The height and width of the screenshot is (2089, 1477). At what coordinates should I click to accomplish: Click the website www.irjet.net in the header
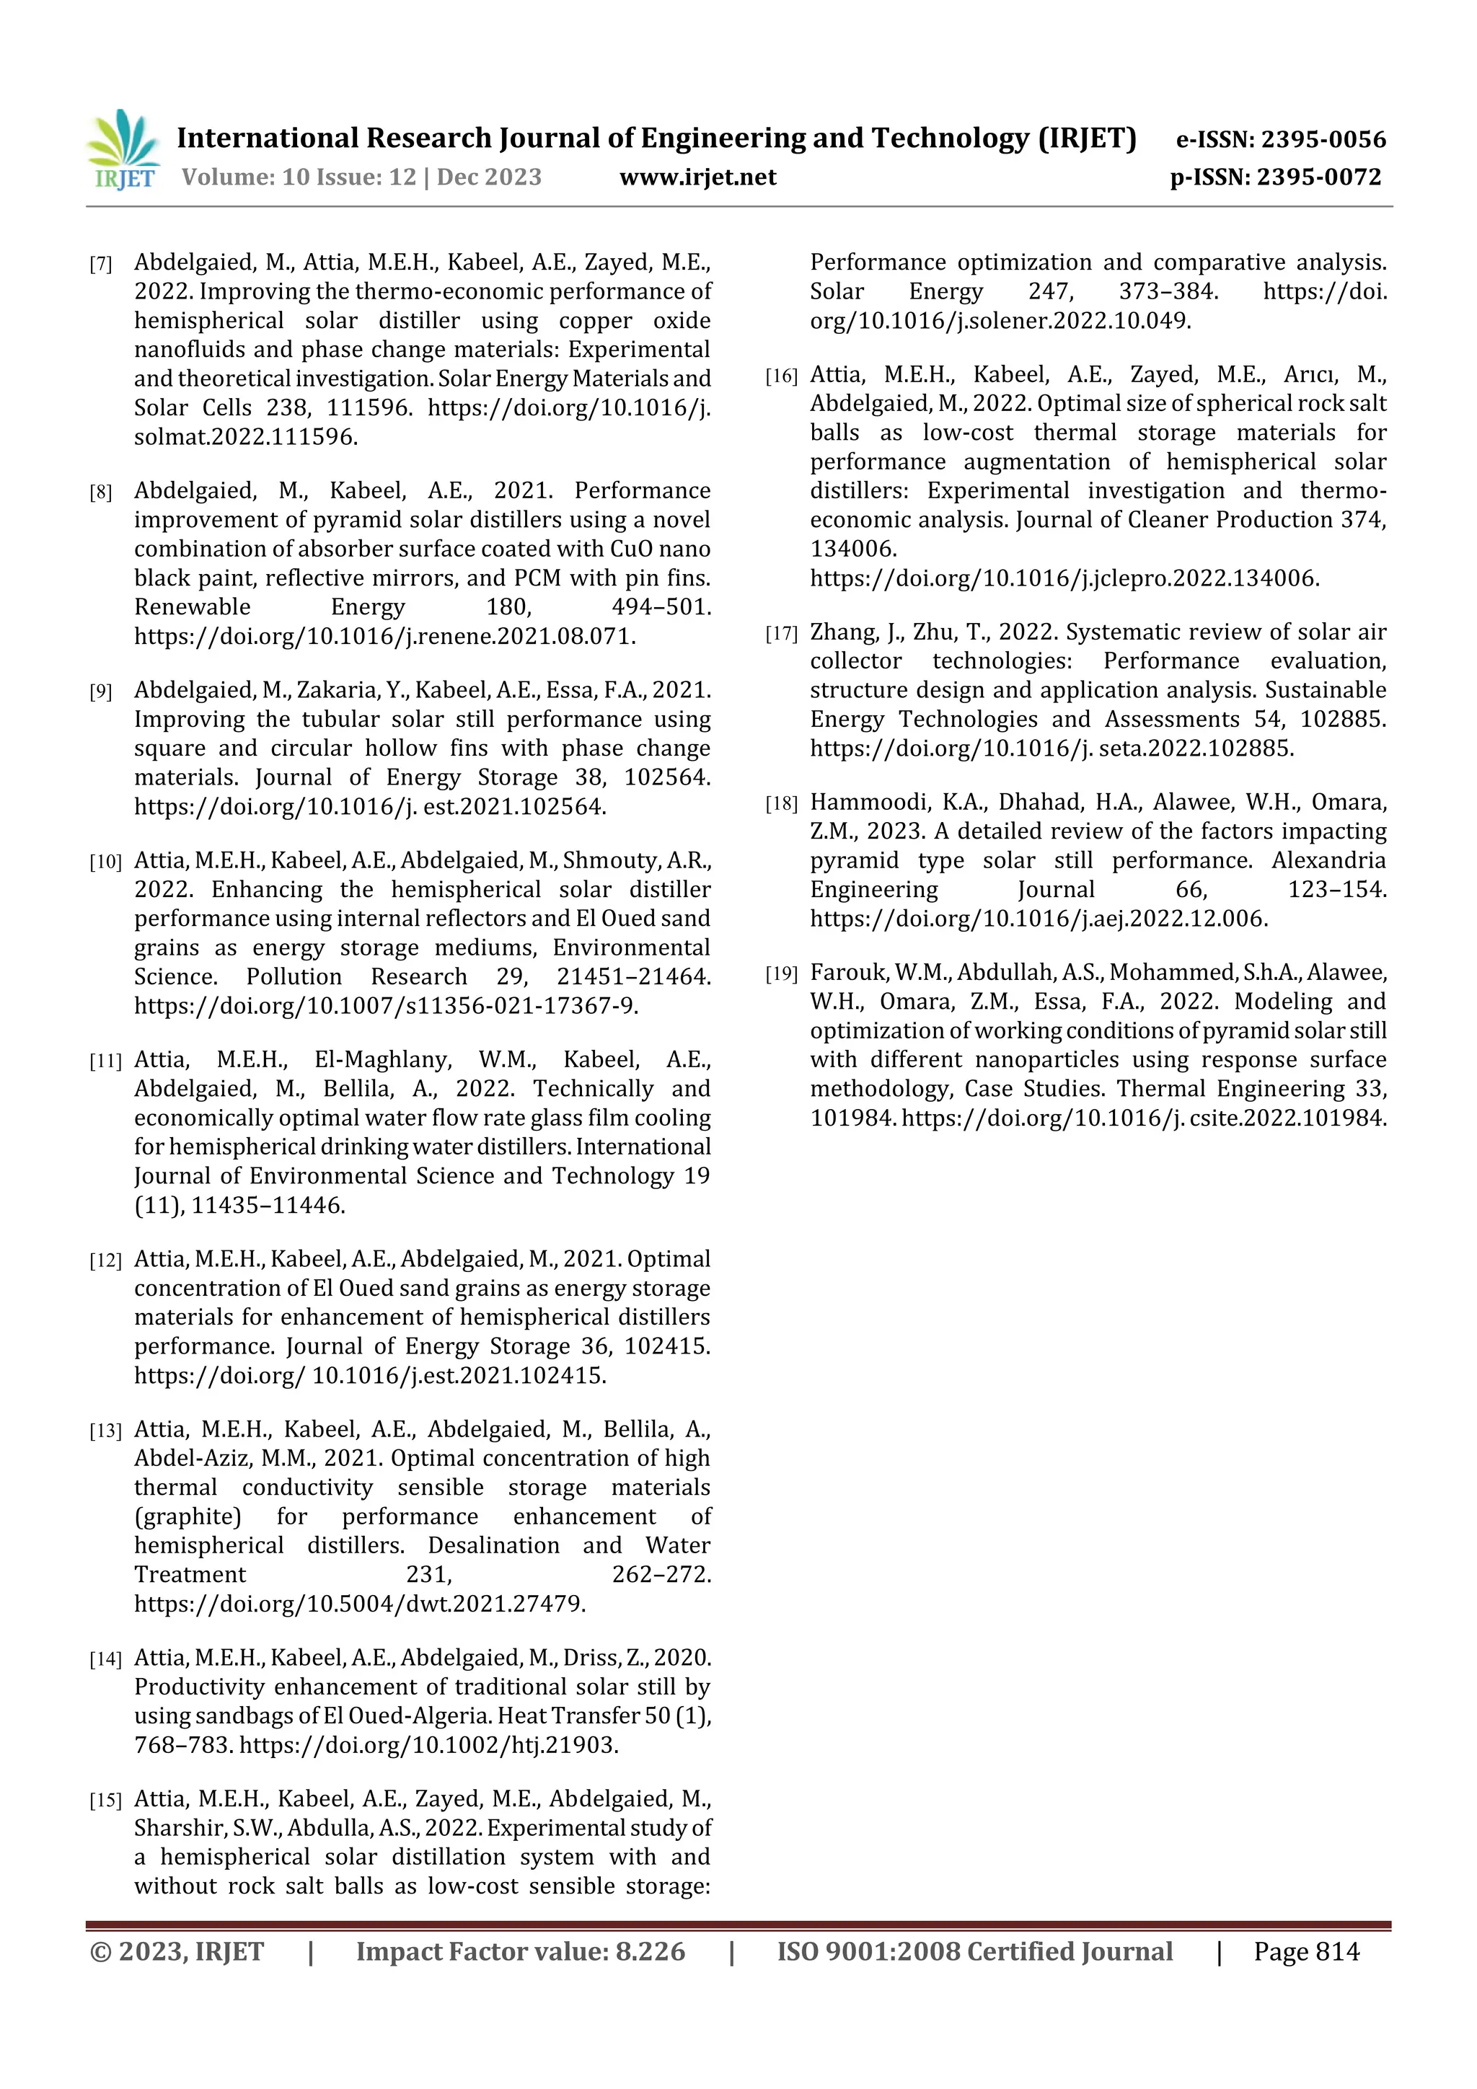pos(697,177)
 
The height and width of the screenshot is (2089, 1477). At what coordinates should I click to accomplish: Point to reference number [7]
pos(100,265)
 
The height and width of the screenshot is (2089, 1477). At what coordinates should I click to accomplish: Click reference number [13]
pos(105,1431)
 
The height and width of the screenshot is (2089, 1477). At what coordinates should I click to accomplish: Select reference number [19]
pos(781,974)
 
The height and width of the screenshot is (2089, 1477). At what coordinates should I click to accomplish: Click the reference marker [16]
pos(781,376)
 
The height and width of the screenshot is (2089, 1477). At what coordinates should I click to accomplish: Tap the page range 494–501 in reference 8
pos(661,607)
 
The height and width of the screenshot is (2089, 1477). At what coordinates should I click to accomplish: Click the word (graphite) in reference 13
pos(188,1516)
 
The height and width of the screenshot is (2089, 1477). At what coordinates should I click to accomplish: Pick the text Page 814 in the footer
pos(1306,1951)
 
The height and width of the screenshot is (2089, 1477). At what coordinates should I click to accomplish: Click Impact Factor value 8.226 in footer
pos(520,1951)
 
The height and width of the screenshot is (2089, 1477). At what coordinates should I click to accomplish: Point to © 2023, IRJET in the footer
pos(177,1951)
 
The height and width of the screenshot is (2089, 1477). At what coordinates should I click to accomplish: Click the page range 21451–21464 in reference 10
pos(633,977)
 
